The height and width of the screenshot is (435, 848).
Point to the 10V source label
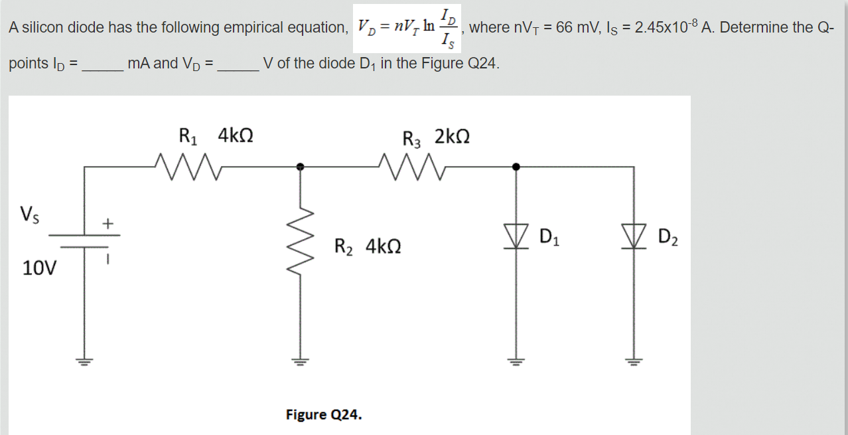[x=39, y=269]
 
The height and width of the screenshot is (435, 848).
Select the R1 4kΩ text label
[x=216, y=137]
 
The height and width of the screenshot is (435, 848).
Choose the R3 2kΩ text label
[x=437, y=137]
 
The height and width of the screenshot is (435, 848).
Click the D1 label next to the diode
[x=550, y=236]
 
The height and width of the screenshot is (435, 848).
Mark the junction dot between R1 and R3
[x=300, y=167]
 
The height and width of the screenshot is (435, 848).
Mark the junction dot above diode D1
[x=517, y=167]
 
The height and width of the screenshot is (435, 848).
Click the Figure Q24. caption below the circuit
[x=324, y=415]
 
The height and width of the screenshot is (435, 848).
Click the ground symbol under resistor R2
[x=299, y=362]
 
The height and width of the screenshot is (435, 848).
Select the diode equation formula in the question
[x=405, y=28]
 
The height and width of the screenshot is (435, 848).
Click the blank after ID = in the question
[x=102, y=64]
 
